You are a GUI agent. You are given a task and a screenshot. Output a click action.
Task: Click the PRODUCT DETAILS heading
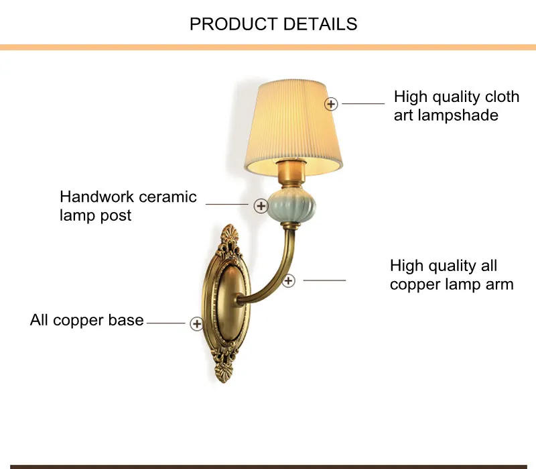(273, 24)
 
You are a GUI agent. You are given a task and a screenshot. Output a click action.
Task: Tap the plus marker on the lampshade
(331, 104)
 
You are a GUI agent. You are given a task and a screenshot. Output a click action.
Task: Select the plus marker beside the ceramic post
(261, 206)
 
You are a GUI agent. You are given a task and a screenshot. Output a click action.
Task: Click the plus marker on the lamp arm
(288, 280)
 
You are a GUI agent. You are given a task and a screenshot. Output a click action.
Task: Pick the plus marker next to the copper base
(196, 323)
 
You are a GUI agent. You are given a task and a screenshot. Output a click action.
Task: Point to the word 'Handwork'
(96, 197)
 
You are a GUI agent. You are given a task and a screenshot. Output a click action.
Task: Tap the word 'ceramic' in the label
(168, 197)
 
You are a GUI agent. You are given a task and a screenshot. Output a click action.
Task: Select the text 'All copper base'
(87, 320)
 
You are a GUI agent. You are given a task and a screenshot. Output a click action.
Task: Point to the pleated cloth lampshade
(293, 127)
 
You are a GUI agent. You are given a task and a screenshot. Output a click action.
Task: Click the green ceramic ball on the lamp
(291, 207)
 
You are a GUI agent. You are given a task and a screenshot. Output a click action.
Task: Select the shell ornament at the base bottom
(224, 372)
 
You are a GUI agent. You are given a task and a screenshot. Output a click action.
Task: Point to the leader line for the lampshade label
(363, 103)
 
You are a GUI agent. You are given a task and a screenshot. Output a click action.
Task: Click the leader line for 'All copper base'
(165, 323)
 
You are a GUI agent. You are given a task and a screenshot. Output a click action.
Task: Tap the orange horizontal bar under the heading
(268, 47)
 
